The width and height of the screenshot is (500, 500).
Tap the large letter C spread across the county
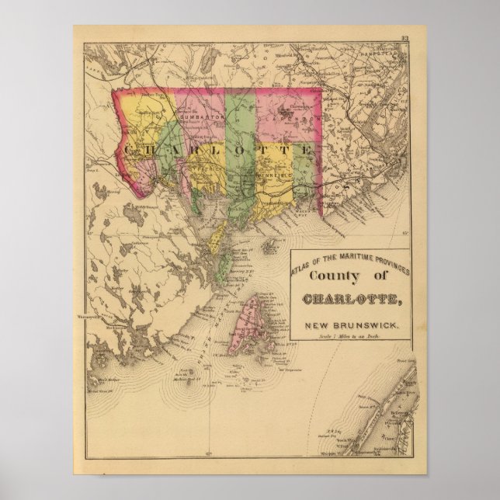(127, 146)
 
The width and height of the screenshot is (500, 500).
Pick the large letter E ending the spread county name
(308, 148)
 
